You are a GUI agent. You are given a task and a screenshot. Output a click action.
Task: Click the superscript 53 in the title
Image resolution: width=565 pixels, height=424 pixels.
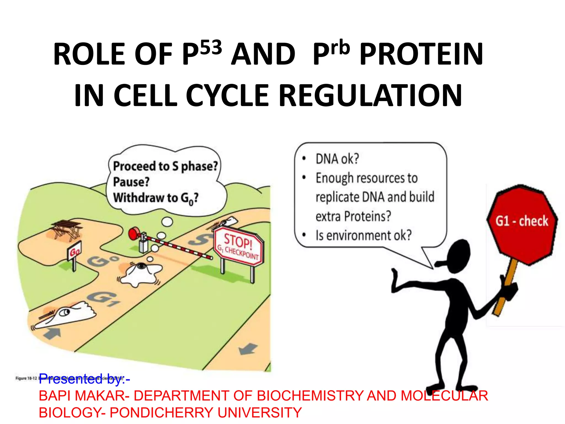tap(211, 47)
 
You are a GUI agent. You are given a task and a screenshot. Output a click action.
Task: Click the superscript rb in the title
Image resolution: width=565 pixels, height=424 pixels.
tap(340, 47)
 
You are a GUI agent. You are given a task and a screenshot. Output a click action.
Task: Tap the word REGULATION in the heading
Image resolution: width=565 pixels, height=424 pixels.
tap(370, 95)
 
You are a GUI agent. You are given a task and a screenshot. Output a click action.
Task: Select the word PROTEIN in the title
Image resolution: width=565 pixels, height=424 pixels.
tap(421, 54)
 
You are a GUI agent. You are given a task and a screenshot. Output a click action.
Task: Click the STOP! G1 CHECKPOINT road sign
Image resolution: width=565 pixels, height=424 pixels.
tap(239, 246)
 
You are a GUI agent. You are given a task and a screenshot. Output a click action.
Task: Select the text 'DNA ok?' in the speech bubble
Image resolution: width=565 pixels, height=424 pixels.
tap(337, 159)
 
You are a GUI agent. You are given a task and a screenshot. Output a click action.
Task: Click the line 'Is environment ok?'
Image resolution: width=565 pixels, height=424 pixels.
tap(363, 235)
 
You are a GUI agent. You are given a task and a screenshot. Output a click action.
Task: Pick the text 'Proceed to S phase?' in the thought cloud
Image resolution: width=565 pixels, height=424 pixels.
tap(165, 166)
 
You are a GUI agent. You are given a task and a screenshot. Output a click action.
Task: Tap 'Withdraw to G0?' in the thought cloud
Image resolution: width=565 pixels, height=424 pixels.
tap(156, 198)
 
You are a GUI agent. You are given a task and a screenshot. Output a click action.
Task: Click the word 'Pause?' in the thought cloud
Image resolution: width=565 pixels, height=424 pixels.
tap(131, 182)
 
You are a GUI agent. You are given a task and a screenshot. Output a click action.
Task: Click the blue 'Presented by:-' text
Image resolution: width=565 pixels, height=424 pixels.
tap(84, 379)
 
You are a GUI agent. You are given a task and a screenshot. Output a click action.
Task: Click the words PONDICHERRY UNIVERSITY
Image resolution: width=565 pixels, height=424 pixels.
tap(206, 413)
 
